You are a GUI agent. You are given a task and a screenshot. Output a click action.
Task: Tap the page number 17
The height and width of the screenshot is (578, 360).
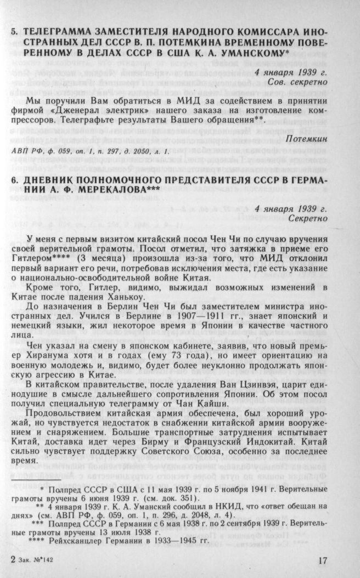tap(323, 562)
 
